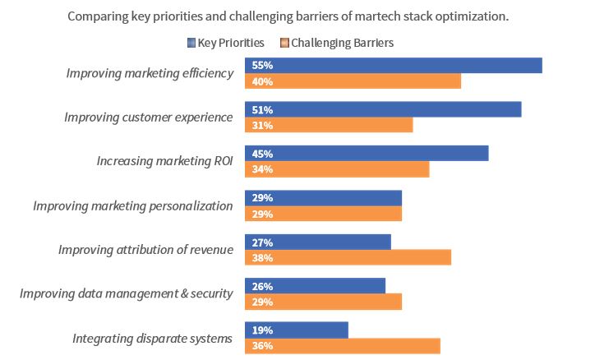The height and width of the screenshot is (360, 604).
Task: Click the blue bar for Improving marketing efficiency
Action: (393, 66)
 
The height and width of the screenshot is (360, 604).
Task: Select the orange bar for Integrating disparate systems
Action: (342, 346)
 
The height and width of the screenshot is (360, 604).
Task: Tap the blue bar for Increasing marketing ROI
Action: (367, 154)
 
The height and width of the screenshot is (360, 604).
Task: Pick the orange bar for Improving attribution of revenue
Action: (348, 258)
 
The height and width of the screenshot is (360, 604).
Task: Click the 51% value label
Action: (263, 110)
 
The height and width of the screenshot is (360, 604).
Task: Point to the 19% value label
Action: (263, 330)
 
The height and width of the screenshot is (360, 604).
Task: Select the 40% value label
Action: (263, 81)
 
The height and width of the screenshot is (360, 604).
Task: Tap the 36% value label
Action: (263, 346)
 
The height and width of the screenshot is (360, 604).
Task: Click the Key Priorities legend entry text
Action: (231, 43)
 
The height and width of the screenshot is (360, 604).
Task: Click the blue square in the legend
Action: (191, 43)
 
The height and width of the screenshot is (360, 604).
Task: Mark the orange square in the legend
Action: (284, 43)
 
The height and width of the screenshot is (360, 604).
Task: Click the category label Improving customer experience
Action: (149, 118)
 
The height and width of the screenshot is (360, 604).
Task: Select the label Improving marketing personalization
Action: (133, 205)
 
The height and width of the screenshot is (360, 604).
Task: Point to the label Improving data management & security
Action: (127, 293)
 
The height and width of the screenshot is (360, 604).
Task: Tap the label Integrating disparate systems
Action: (153, 338)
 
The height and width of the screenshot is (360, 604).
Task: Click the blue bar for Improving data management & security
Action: (315, 286)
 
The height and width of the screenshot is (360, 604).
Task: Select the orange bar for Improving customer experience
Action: (329, 126)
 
